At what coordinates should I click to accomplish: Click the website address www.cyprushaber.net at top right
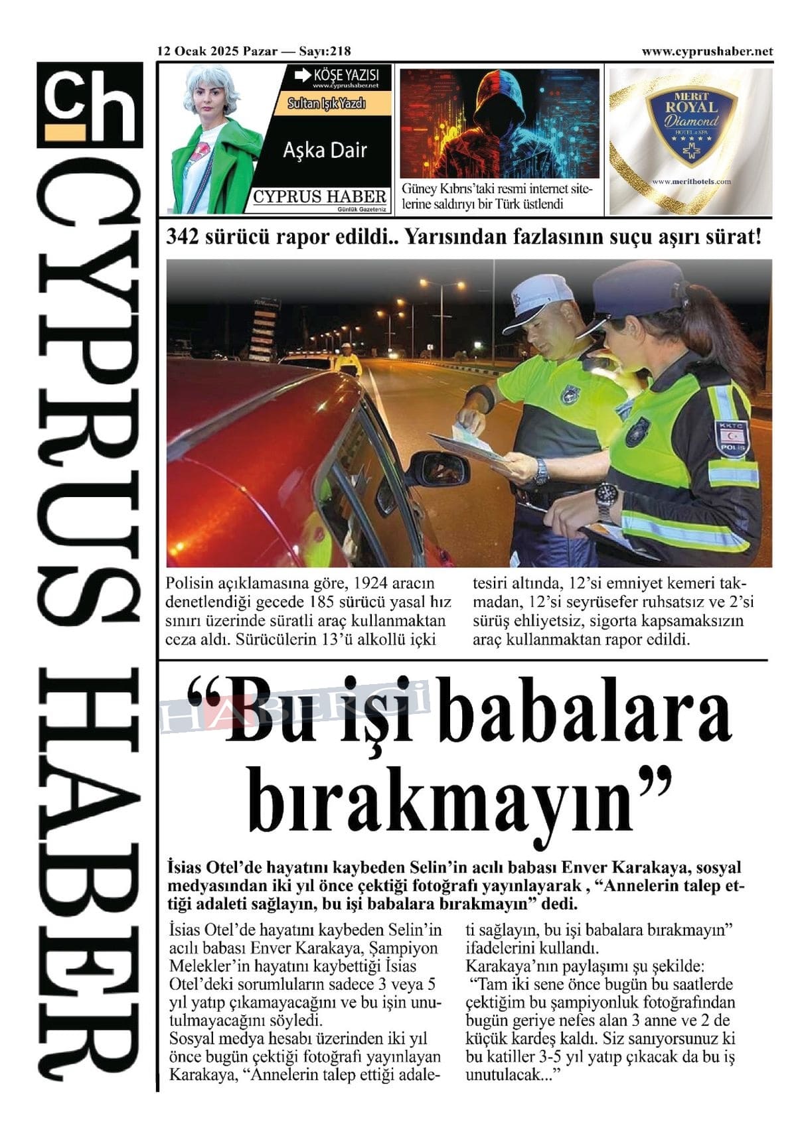pos(707,51)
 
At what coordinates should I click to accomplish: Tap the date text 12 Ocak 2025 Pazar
pos(217,51)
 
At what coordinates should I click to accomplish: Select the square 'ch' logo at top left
pos(90,105)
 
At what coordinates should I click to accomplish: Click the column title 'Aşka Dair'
pos(325,151)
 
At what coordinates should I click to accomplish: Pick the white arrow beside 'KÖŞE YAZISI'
pos(302,74)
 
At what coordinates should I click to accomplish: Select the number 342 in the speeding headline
pos(183,237)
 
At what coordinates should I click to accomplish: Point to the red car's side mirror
pos(438,468)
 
